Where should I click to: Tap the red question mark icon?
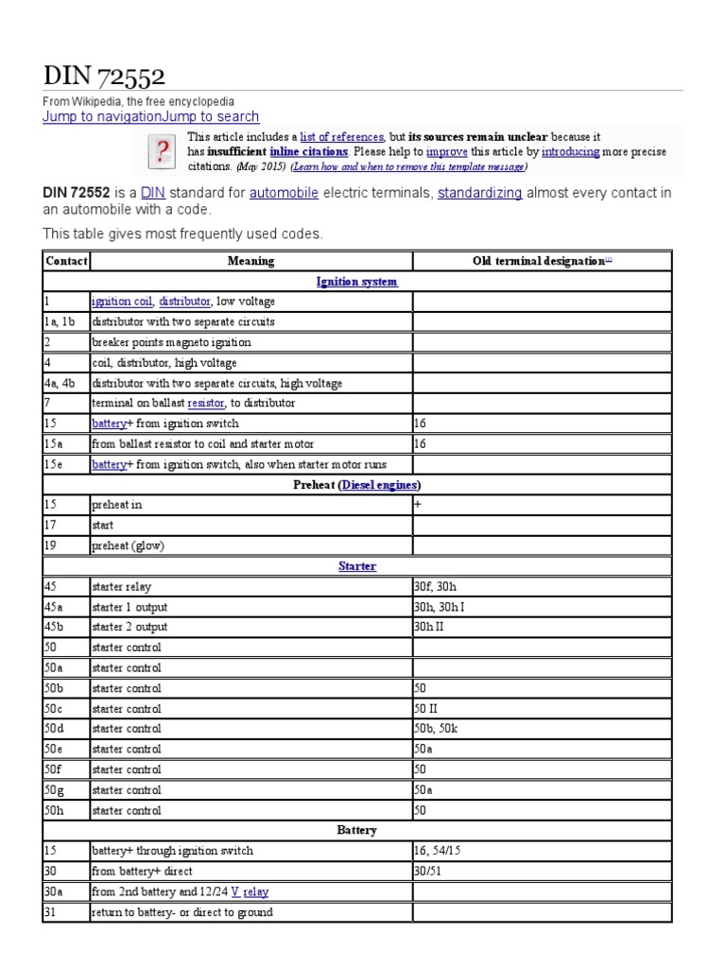[163, 150]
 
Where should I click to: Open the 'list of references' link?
[342, 137]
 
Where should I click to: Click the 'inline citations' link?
[309, 151]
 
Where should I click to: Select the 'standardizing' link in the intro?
[479, 193]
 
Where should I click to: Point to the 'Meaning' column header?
[251, 261]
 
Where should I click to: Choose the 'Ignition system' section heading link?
[357, 282]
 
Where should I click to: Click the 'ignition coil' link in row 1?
[122, 302]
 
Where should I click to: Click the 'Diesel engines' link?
[380, 485]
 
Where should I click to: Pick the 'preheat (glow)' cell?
[127, 545]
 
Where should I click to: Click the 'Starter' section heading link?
[357, 566]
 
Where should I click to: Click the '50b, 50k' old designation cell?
[436, 729]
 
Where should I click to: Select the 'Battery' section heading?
[357, 830]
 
